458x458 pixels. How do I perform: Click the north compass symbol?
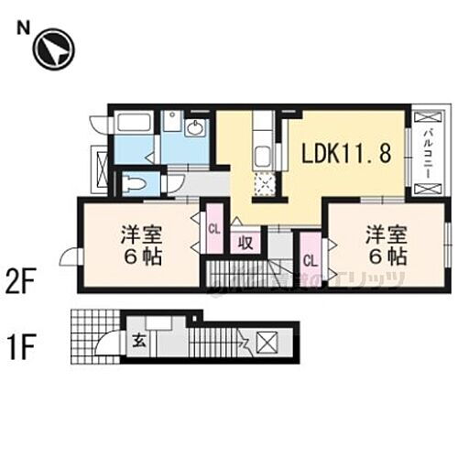pyautogui.click(x=53, y=49)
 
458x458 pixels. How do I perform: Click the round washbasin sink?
pyautogui.click(x=195, y=128)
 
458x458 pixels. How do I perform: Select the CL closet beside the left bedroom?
pyautogui.click(x=213, y=229)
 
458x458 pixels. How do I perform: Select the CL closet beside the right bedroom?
pyautogui.click(x=309, y=260)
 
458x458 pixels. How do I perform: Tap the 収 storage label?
pyautogui.click(x=245, y=243)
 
